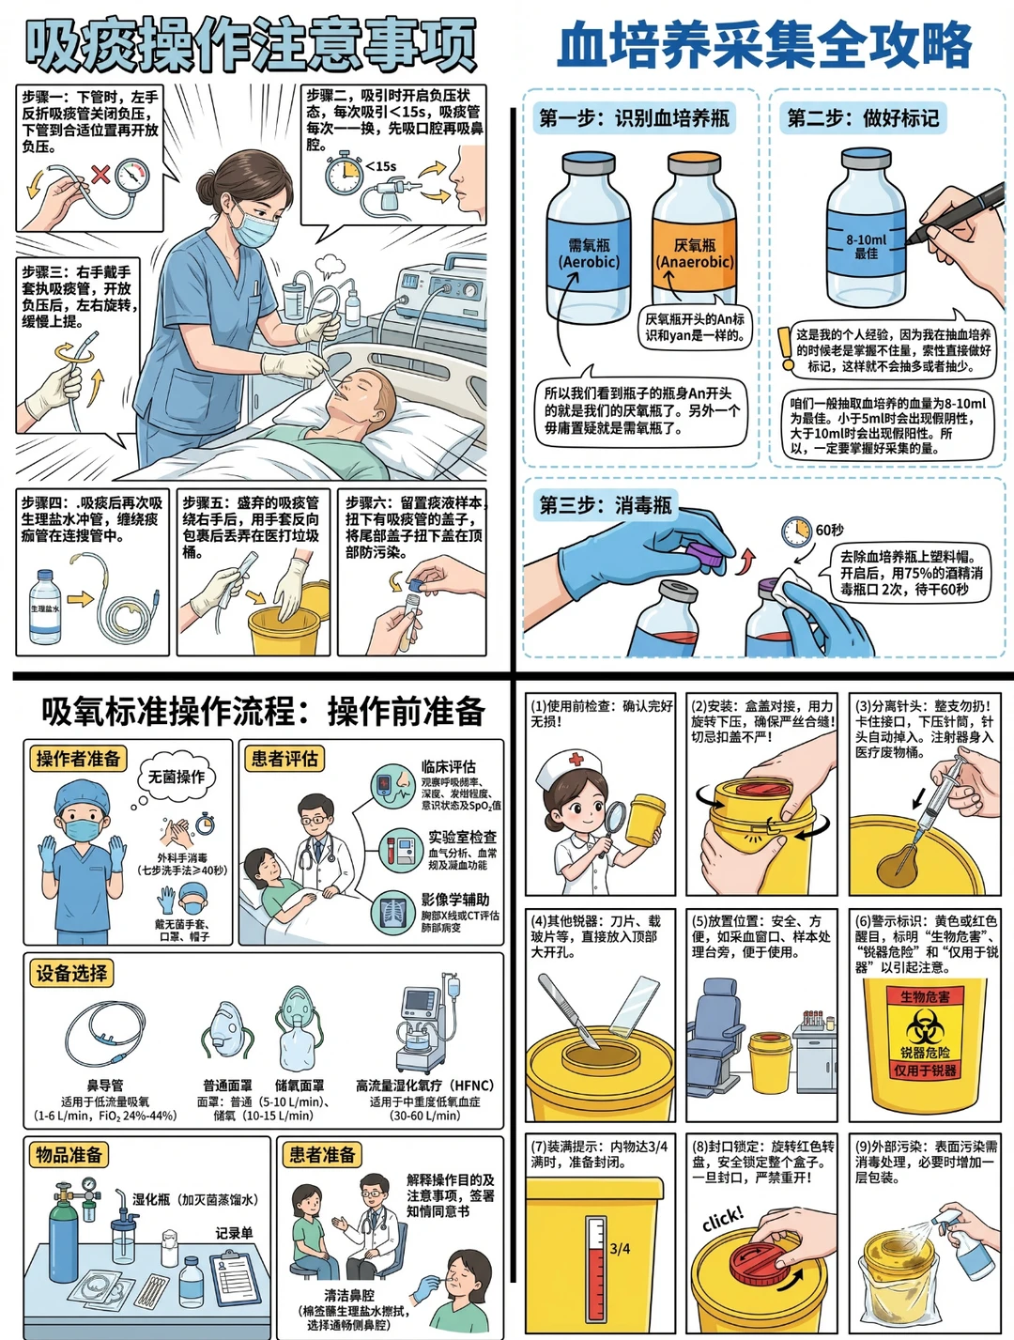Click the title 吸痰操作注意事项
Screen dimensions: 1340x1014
(x=251, y=44)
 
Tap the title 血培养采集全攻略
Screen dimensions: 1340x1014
(x=764, y=44)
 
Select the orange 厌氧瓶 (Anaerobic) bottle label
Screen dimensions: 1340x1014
(x=694, y=254)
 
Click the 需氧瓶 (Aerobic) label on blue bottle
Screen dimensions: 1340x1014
(x=589, y=254)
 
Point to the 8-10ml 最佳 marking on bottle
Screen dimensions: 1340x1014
(x=866, y=246)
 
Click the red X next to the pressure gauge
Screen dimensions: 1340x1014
(x=100, y=174)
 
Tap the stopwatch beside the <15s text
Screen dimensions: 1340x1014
(x=344, y=174)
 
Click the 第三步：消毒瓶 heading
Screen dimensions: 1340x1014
(x=605, y=505)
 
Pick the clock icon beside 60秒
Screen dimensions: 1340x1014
(x=796, y=531)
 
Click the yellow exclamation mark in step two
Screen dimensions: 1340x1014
(x=785, y=347)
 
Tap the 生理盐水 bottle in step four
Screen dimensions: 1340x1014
(x=44, y=608)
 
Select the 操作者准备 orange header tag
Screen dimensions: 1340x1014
(x=78, y=759)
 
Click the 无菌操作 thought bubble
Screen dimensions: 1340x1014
(x=177, y=777)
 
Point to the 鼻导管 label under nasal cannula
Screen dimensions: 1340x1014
(x=104, y=1085)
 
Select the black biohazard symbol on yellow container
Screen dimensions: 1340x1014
(x=925, y=1025)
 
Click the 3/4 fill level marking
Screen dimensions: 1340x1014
(x=620, y=1249)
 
